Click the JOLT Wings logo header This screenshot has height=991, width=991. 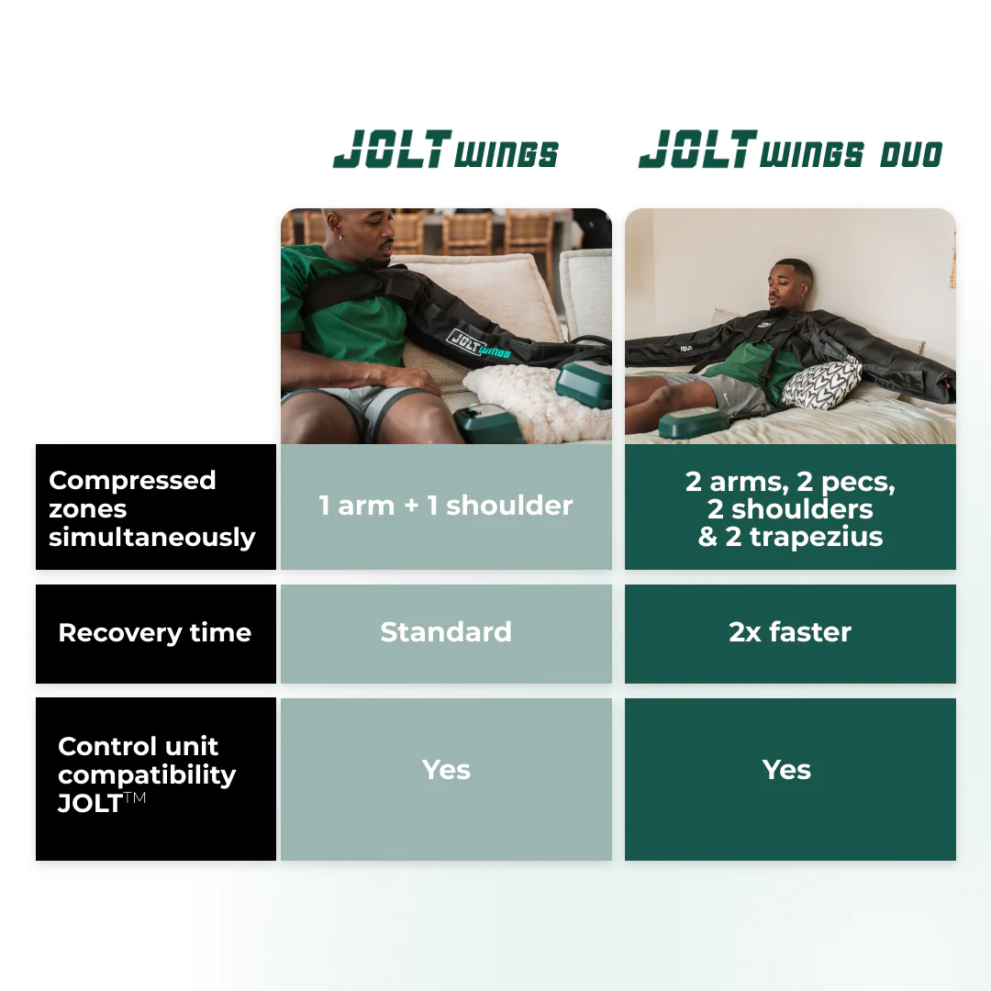click(446, 150)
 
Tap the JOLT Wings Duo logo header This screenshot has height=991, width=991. click(791, 150)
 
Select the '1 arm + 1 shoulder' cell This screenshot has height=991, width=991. click(446, 507)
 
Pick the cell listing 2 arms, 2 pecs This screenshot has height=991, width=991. click(790, 507)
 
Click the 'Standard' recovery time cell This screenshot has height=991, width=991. click(446, 633)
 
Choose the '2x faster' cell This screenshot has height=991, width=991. click(790, 633)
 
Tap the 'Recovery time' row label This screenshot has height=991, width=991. click(155, 633)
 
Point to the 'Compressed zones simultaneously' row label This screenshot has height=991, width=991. click(155, 507)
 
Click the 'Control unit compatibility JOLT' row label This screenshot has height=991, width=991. click(155, 779)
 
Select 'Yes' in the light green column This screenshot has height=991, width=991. click(446, 770)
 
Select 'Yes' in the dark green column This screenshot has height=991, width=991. click(786, 770)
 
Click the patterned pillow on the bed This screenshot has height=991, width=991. click(821, 384)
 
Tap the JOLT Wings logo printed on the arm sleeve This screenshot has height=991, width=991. click(478, 344)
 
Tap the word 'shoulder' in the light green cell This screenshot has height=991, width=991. click(509, 506)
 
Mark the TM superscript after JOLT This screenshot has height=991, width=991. click(135, 797)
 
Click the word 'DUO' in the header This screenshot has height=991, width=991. click(911, 155)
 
